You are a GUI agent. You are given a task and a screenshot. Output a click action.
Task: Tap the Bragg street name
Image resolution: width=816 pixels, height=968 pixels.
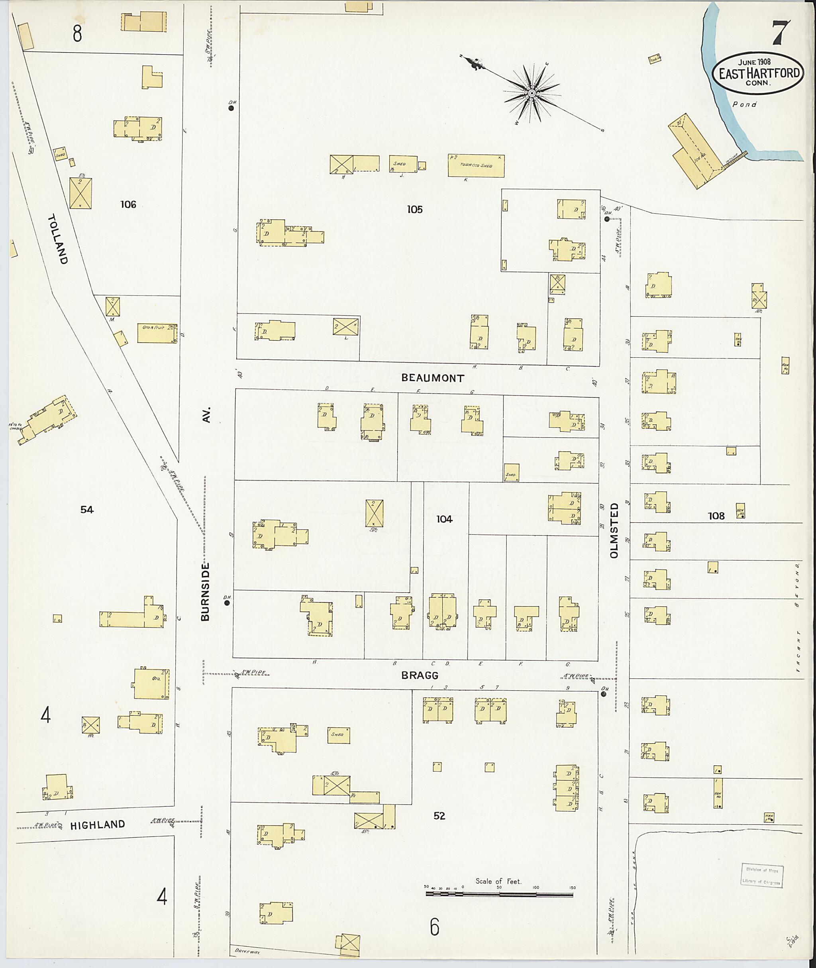pyautogui.click(x=420, y=675)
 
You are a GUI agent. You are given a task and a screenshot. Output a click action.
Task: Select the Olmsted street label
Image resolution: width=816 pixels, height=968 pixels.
pyautogui.click(x=614, y=531)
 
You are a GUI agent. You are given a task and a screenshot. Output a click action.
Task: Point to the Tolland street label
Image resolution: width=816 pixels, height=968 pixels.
pyautogui.click(x=58, y=239)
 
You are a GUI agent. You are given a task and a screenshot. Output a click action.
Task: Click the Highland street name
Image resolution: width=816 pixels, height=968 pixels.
pyautogui.click(x=98, y=825)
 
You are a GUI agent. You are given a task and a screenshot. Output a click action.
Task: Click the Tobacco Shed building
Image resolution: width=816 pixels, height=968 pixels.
pyautogui.click(x=476, y=166)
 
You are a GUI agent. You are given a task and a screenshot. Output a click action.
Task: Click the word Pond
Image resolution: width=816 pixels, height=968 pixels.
pyautogui.click(x=745, y=104)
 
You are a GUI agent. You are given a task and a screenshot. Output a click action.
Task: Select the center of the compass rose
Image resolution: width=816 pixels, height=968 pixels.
pyautogui.click(x=532, y=94)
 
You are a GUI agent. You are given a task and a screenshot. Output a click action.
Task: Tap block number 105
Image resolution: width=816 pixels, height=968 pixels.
pyautogui.click(x=414, y=210)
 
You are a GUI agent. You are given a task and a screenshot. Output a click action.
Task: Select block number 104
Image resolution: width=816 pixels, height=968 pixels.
pyautogui.click(x=444, y=519)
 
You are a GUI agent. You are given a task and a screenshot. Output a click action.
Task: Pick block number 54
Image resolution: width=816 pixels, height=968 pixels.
pyautogui.click(x=87, y=509)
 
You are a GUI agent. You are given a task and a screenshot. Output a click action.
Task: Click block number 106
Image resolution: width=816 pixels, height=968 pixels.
pyautogui.click(x=128, y=204)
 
